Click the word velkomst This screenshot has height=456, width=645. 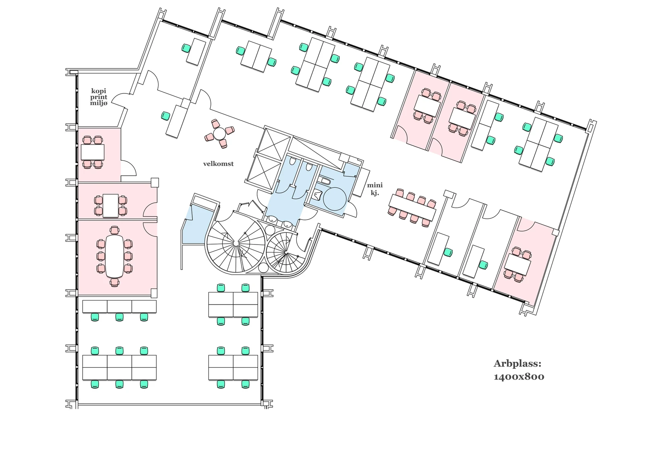tap(218, 164)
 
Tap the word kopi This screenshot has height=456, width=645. tap(99, 91)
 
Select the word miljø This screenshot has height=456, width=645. tap(99, 104)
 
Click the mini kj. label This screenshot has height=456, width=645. tap(375, 189)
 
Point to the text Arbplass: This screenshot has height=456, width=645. tap(517, 364)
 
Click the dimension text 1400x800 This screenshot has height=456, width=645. tap(519, 377)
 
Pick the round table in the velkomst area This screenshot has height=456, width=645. tap(220, 133)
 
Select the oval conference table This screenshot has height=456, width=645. tap(114, 256)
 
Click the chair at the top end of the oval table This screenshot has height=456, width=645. tap(114, 230)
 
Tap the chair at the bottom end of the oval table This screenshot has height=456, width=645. tap(114, 282)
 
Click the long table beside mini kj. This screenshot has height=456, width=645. tap(412, 207)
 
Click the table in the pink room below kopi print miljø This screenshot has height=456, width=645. tap(93, 152)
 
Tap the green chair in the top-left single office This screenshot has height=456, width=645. tap(185, 48)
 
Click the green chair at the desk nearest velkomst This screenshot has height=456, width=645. tap(165, 116)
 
